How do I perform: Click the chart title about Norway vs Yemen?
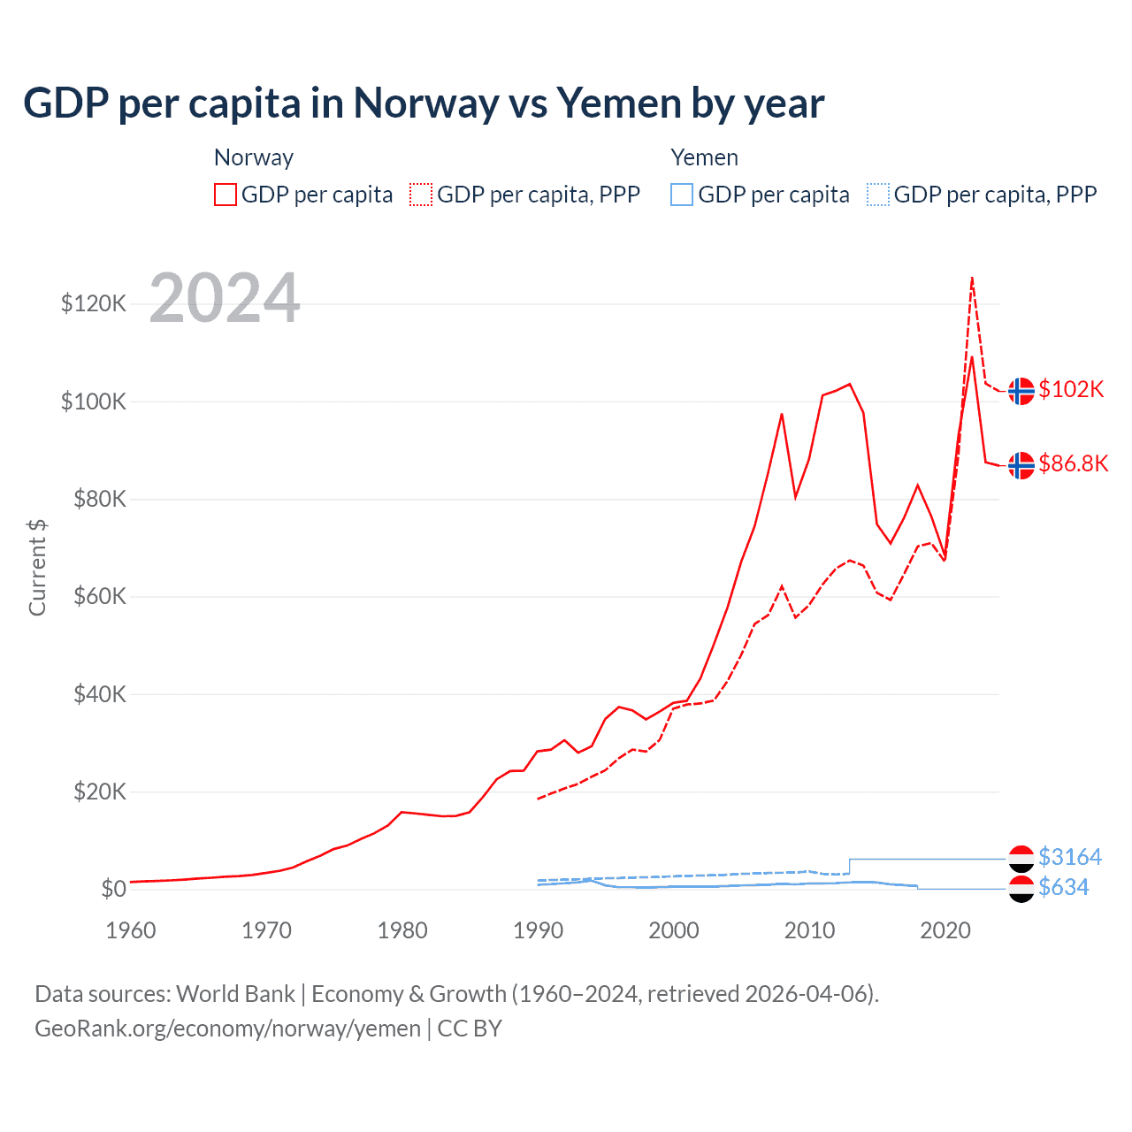click(x=424, y=103)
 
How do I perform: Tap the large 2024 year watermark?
click(x=225, y=298)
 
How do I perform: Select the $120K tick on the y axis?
click(x=94, y=304)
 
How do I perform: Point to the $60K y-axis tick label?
click(x=100, y=597)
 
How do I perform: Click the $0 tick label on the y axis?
click(x=113, y=889)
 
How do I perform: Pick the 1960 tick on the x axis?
click(x=131, y=930)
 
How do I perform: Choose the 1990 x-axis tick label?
click(x=538, y=930)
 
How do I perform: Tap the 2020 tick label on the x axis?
click(x=945, y=930)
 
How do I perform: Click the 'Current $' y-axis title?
click(x=37, y=567)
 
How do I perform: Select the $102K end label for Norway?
click(x=1071, y=390)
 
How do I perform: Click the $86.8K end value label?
click(x=1073, y=464)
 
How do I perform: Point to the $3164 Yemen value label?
click(x=1070, y=857)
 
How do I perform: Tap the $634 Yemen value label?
click(x=1063, y=887)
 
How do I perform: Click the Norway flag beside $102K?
click(x=1021, y=391)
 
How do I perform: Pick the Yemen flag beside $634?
click(x=1021, y=889)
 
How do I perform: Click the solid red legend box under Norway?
click(x=226, y=195)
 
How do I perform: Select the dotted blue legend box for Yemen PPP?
click(x=878, y=195)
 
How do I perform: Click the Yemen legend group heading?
click(x=704, y=157)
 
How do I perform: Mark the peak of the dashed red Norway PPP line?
click(x=972, y=278)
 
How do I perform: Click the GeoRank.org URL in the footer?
click(x=227, y=1029)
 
